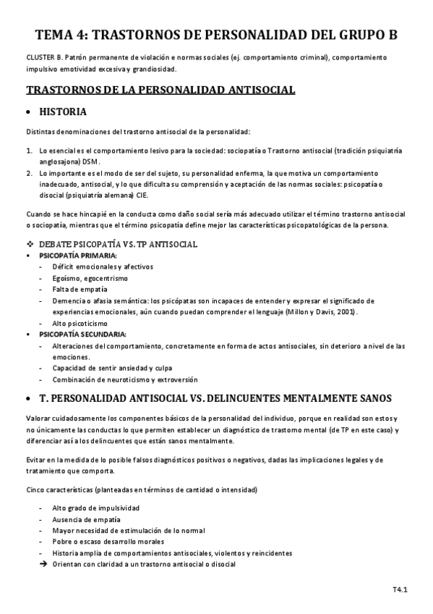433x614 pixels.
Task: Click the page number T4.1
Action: click(x=400, y=591)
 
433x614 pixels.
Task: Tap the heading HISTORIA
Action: click(x=63, y=112)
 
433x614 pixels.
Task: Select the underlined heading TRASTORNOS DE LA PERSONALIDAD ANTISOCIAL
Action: click(x=160, y=90)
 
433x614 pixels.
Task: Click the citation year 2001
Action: click(x=343, y=311)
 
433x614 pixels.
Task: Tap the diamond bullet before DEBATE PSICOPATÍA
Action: click(x=30, y=245)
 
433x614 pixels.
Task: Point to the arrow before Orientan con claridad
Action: click(x=43, y=564)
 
